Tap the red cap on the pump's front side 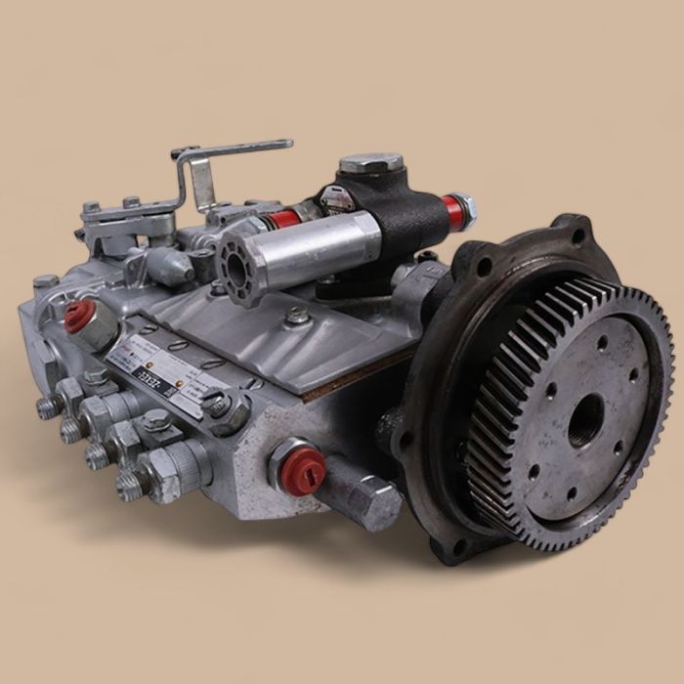(301, 466)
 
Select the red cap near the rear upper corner (79, 315)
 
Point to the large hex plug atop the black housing (370, 162)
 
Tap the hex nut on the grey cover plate (297, 316)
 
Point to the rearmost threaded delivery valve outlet (46, 406)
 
